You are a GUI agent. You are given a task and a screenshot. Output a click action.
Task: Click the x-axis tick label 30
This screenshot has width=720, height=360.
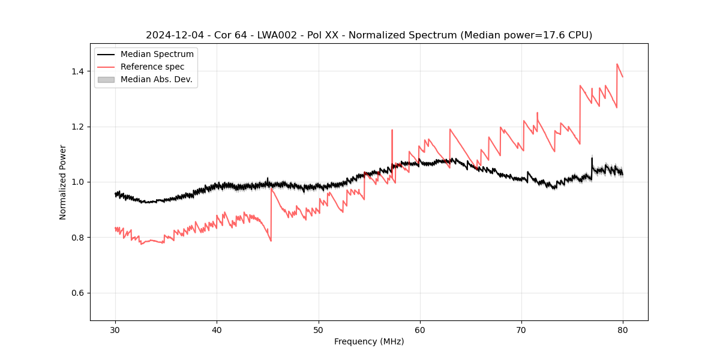[x=115, y=330]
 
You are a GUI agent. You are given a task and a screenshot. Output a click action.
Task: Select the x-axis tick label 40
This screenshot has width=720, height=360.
[x=217, y=330]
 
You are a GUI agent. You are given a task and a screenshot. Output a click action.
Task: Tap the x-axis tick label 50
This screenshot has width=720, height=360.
[x=318, y=330]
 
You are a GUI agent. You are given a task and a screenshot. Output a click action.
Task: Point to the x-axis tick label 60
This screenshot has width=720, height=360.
[x=419, y=330]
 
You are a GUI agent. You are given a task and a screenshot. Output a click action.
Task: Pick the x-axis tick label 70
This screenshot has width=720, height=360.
[x=521, y=330]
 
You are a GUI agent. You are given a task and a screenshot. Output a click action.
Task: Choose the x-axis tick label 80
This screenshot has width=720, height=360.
[x=622, y=330]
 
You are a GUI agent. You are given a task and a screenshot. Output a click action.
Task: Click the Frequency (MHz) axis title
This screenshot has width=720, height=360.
[x=369, y=342]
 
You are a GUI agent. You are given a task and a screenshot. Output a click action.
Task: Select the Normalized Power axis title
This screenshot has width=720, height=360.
[x=63, y=182]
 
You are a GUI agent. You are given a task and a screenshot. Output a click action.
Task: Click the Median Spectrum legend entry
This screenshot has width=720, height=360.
[x=157, y=55]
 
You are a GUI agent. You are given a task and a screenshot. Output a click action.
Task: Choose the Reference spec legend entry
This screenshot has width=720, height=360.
[x=152, y=67]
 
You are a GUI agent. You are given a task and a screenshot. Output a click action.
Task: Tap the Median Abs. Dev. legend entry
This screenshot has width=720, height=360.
[x=156, y=79]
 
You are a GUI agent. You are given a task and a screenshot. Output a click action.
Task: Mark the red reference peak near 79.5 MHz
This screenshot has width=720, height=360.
[x=617, y=64]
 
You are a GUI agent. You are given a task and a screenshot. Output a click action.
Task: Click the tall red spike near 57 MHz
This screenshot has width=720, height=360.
[x=392, y=130]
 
